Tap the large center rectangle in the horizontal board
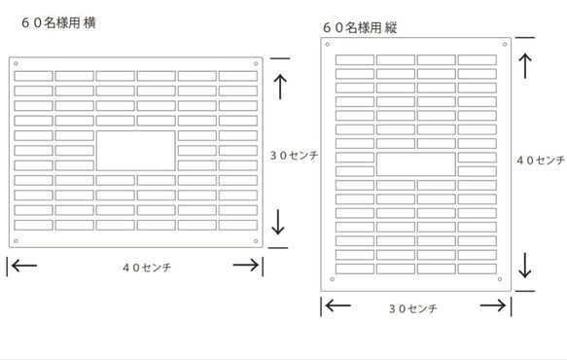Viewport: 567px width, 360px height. pos(136,151)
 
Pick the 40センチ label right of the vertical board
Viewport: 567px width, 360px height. pos(539,161)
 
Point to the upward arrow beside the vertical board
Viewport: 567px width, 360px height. pos(526,65)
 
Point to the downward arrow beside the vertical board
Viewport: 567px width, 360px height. pos(526,265)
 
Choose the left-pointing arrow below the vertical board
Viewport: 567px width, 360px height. pos(337,306)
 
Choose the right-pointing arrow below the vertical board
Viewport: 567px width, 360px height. pos(495,306)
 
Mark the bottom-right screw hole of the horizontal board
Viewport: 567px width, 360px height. pos(257,240)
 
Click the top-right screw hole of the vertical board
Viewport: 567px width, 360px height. pos(504,44)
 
